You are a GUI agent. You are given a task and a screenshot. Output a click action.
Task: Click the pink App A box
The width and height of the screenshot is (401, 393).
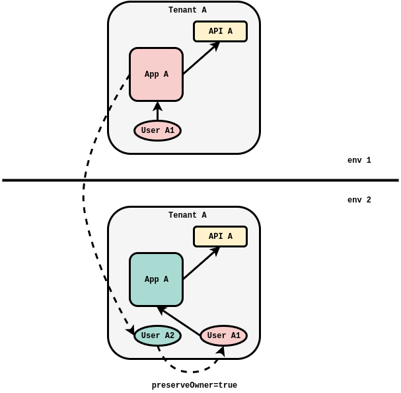[156, 74]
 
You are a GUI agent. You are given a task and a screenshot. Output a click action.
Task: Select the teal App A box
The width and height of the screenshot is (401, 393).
[156, 279]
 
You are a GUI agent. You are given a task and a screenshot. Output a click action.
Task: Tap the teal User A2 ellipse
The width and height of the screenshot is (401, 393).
[157, 335]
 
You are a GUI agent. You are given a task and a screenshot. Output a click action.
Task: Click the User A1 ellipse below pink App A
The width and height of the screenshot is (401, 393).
[157, 130]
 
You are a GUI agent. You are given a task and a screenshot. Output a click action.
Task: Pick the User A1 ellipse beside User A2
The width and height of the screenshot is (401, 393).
[223, 335]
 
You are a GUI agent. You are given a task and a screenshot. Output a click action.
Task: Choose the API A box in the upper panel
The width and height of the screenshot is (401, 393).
[220, 31]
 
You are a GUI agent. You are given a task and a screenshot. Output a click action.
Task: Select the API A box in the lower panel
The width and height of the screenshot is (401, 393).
[220, 236]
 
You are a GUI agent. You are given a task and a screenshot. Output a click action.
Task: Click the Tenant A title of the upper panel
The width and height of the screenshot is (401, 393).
[187, 11]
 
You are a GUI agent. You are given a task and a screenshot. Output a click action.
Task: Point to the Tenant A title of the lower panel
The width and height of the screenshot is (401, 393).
[187, 216]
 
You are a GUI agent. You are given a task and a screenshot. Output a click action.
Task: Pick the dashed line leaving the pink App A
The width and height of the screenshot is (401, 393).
[119, 93]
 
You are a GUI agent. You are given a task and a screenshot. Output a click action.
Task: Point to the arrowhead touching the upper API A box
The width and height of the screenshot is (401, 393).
[215, 46]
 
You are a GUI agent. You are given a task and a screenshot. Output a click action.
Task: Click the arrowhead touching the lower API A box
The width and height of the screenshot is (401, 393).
[215, 251]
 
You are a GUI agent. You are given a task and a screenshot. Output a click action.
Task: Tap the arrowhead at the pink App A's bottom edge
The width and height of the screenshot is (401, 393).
[157, 106]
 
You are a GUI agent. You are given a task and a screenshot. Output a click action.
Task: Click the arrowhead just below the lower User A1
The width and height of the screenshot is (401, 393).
[221, 351]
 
